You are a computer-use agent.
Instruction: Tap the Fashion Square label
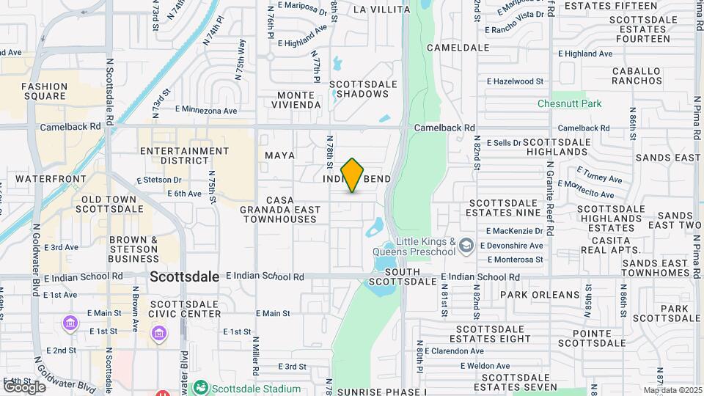[44, 91]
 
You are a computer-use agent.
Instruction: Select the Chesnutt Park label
[569, 104]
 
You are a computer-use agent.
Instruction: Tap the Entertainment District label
[185, 155]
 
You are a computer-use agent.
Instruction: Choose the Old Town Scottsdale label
[111, 204]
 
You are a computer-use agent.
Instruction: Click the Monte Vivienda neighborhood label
[299, 100]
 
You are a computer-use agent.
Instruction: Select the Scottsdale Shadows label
[359, 89]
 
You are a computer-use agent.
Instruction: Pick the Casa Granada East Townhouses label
[280, 209]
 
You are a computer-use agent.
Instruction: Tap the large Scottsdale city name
[185, 277]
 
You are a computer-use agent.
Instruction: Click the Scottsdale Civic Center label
[185, 308]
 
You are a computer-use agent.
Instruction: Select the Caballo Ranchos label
[637, 76]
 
